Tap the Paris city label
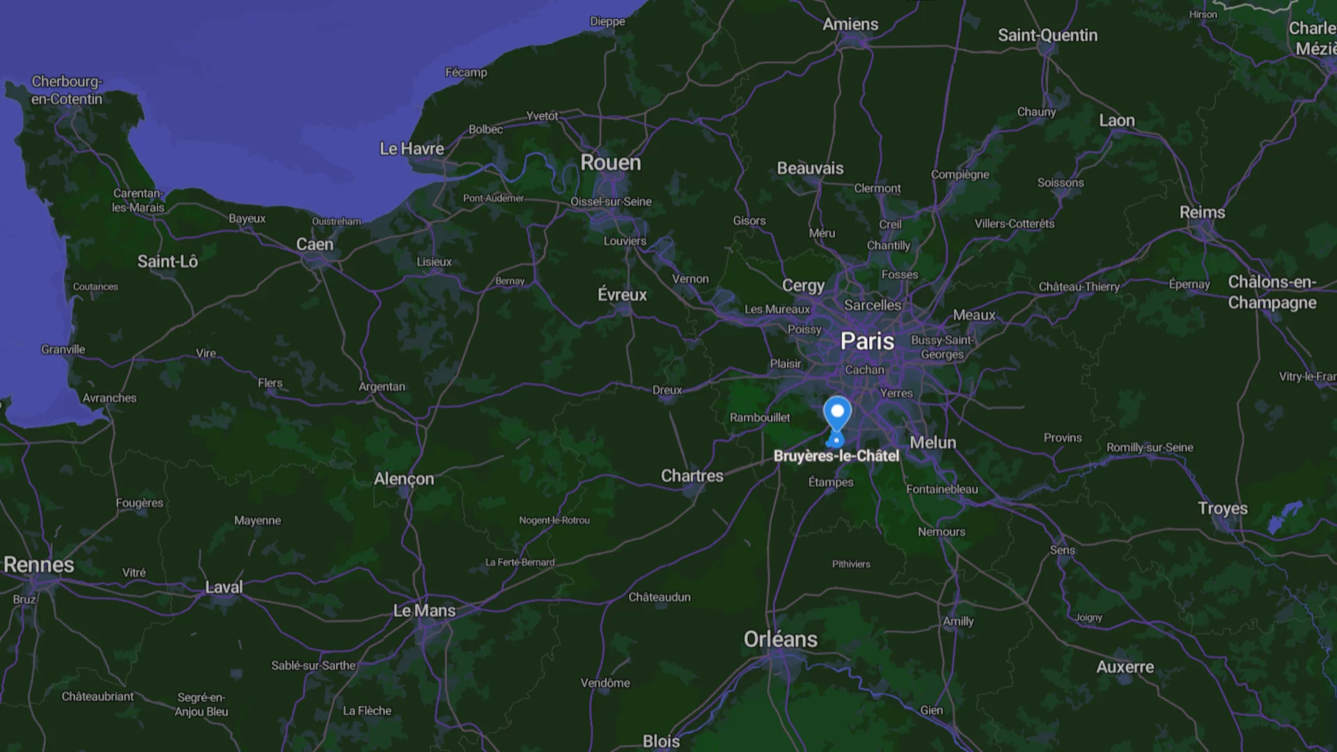867,341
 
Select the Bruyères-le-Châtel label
836,456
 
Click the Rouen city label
611,163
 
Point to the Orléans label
780,639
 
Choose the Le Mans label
424,611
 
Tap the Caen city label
315,244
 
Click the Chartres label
692,476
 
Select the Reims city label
1202,212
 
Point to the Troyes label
1222,508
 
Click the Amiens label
850,24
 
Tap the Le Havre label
412,149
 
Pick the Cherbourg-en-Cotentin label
67,91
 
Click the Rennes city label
39,565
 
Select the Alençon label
404,479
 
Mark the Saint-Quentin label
1047,36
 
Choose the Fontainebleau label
941,489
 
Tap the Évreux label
622,295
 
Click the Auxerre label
1125,667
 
